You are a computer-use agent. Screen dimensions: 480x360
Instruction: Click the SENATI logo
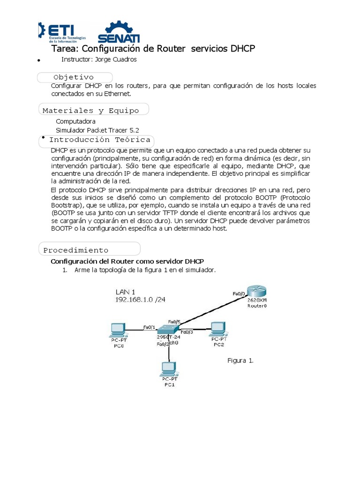pyautogui.click(x=119, y=32)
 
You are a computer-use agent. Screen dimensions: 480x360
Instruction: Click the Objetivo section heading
pyautogui.click(x=74, y=77)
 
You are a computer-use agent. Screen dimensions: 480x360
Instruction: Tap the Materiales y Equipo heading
pyautogui.click(x=91, y=111)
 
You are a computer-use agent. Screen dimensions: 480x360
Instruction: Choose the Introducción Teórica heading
pyautogui.click(x=99, y=140)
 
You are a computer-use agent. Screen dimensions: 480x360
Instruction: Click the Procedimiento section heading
pyautogui.click(x=76, y=250)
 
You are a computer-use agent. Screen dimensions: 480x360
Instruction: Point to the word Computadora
pyautogui.click(x=75, y=121)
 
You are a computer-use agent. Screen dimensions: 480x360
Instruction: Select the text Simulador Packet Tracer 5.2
pyautogui.click(x=97, y=130)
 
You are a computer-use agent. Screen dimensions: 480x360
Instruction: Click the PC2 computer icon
pyautogui.click(x=217, y=328)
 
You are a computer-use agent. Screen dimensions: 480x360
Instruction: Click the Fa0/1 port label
pyautogui.click(x=149, y=327)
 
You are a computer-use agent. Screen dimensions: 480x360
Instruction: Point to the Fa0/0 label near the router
pyautogui.click(x=239, y=293)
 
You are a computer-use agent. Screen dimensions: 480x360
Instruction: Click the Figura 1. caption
pyautogui.click(x=240, y=360)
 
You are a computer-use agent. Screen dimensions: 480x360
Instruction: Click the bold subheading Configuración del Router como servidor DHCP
pyautogui.click(x=127, y=261)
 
